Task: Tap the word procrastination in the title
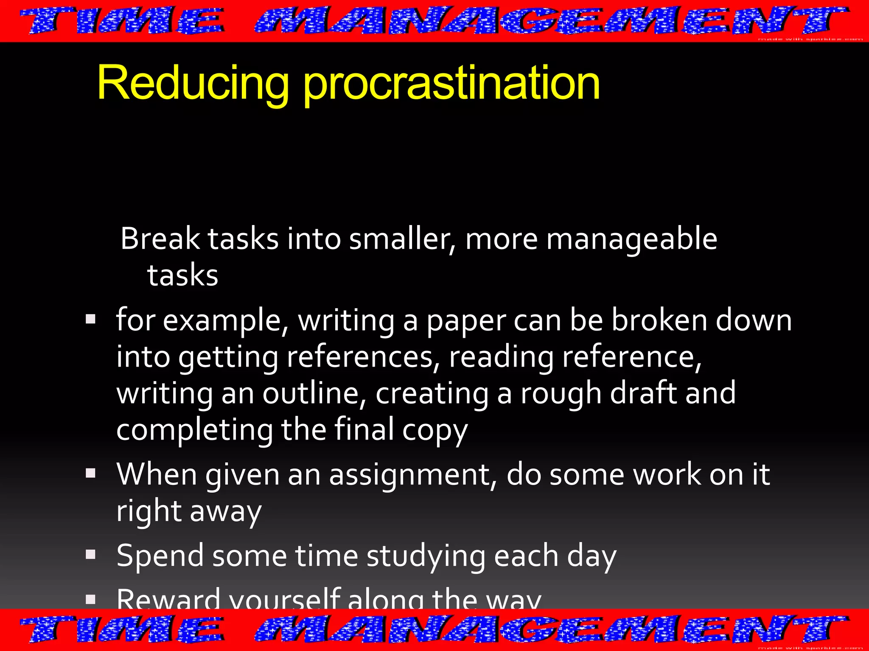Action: tap(451, 83)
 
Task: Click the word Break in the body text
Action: tap(160, 239)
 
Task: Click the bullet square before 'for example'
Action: tap(90, 319)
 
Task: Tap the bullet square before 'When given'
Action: tap(90, 473)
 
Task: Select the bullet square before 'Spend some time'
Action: tap(90, 554)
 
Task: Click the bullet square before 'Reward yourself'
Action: tap(90, 599)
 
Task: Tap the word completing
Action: tap(195, 431)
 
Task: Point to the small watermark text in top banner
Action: tap(810, 39)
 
